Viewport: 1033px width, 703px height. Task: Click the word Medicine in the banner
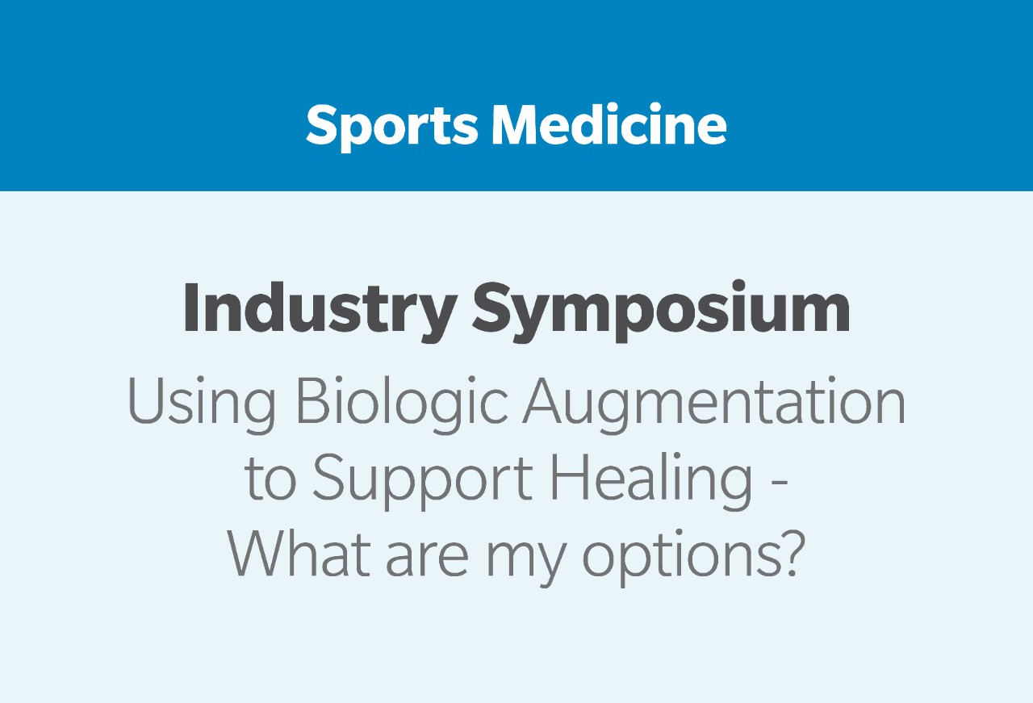609,123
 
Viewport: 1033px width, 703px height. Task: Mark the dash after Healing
780,484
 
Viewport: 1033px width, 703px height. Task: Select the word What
299,553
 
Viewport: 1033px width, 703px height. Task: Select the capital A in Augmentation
543,401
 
